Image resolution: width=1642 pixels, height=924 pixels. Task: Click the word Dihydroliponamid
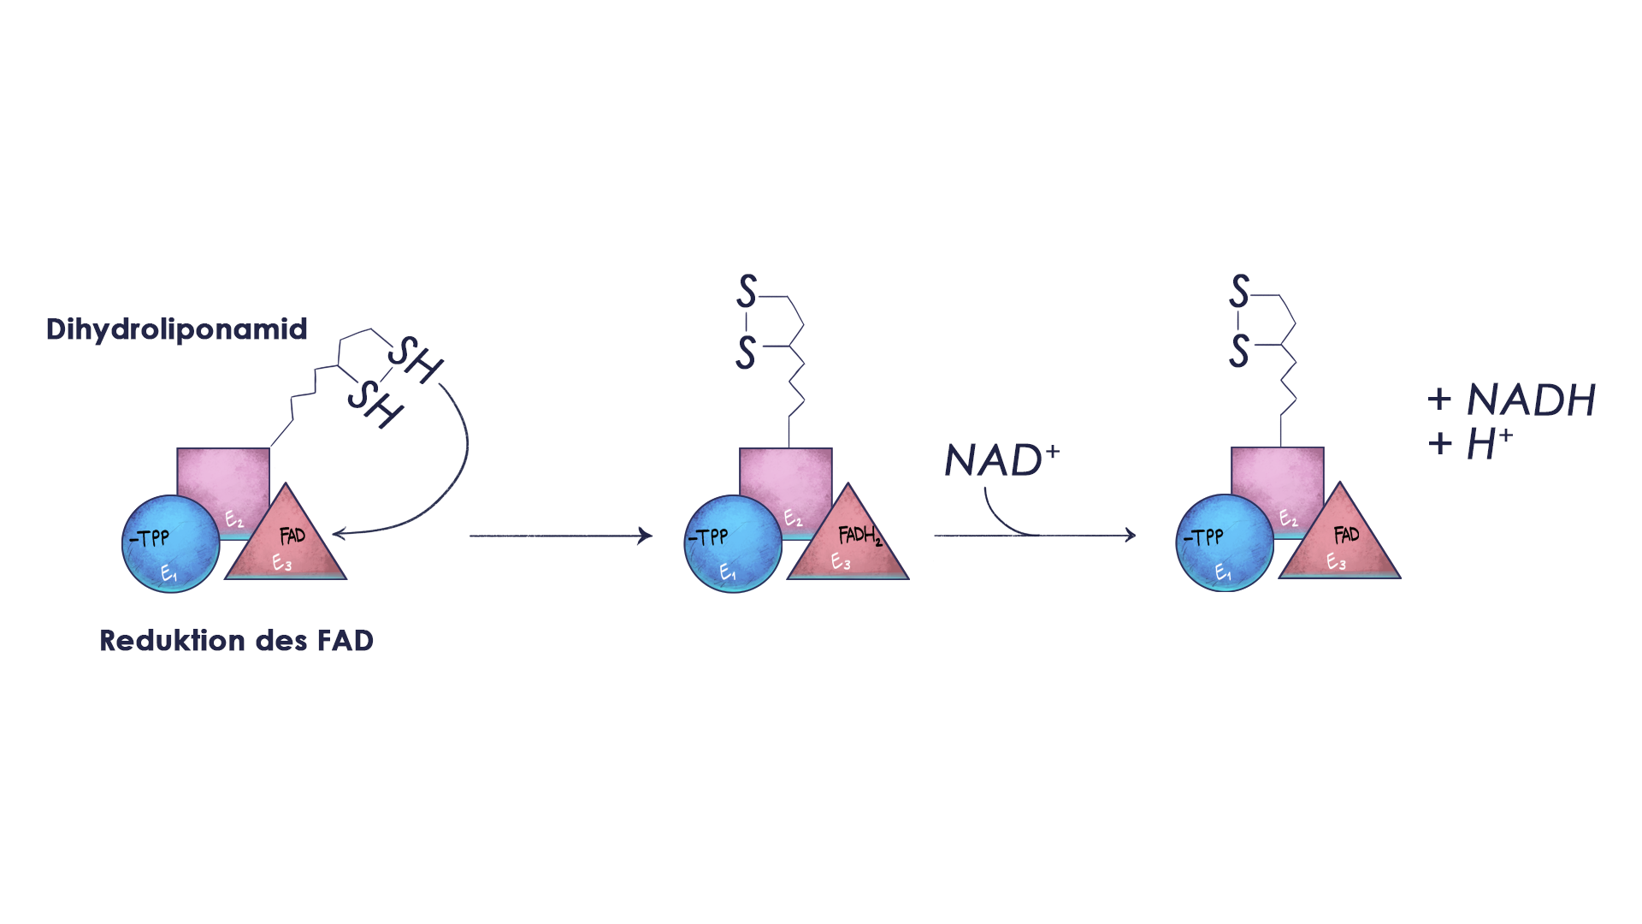point(176,329)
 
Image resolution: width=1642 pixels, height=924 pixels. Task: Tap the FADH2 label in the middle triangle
point(859,536)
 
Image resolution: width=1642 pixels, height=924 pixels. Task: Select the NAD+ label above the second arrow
point(1001,460)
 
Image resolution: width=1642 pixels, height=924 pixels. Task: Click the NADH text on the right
point(1530,400)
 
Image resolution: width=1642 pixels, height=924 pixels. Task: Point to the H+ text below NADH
point(1489,443)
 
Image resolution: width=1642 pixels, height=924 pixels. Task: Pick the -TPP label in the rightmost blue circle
point(1203,537)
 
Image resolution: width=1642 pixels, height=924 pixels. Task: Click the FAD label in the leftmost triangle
point(292,536)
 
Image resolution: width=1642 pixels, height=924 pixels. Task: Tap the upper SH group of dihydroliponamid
point(416,359)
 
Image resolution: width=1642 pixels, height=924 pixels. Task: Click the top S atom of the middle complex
point(747,292)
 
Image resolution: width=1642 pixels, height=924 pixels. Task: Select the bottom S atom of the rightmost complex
point(1239,351)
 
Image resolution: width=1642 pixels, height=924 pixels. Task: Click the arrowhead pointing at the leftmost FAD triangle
point(337,534)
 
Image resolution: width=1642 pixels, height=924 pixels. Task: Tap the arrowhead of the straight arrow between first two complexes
point(647,536)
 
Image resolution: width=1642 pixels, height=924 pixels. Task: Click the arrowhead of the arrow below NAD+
point(1131,536)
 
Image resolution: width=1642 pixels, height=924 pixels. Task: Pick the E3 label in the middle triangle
point(841,562)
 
